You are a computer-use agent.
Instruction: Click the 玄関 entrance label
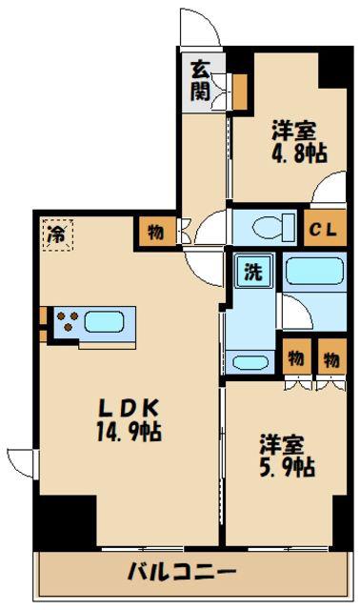pos(200,80)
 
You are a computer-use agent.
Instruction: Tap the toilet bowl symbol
pos(273,226)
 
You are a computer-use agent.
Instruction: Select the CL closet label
pos(323,231)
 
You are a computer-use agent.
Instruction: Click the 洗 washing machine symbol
pos(253,271)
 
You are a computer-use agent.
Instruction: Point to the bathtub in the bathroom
pos(314,272)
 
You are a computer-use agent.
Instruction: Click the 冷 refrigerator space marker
pos(57,235)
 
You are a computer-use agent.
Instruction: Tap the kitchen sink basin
pos(104,322)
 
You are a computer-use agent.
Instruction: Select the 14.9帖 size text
pos(129,432)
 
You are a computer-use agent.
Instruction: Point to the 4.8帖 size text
pos(299,152)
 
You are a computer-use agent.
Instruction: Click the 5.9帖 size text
pos(288,466)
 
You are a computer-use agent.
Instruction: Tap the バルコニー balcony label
pos(182,573)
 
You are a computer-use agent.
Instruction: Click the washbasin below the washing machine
pos(249,362)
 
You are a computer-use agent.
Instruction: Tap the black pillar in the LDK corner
pos(66,521)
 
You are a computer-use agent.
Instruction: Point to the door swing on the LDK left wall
pos(20,463)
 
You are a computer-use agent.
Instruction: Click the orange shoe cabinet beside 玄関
pos(239,91)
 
